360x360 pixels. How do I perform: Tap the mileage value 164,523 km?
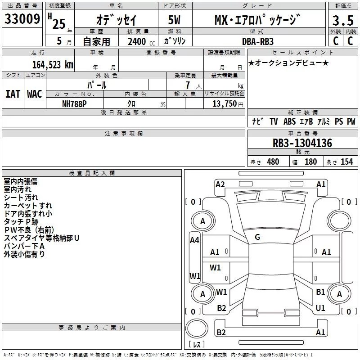coord(52,64)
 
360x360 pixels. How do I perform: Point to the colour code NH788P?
coord(75,103)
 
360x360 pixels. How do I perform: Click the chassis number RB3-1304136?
coord(302,144)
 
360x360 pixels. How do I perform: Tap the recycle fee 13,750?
coord(224,103)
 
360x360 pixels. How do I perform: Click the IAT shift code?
coord(13,94)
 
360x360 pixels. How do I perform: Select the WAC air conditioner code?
coord(34,94)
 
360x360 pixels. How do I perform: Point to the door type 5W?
coord(175,20)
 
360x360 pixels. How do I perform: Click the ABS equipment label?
coord(290,121)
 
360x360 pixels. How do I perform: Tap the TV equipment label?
coord(274,121)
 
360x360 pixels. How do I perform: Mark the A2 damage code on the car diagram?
coord(220,184)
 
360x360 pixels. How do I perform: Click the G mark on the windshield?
coord(257,237)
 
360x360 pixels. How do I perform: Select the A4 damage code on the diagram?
coord(194,240)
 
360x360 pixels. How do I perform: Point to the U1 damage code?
coord(320,308)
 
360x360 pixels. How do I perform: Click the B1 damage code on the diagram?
coord(320,292)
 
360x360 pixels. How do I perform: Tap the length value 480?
coord(273,162)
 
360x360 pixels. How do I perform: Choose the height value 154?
coord(346,162)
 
